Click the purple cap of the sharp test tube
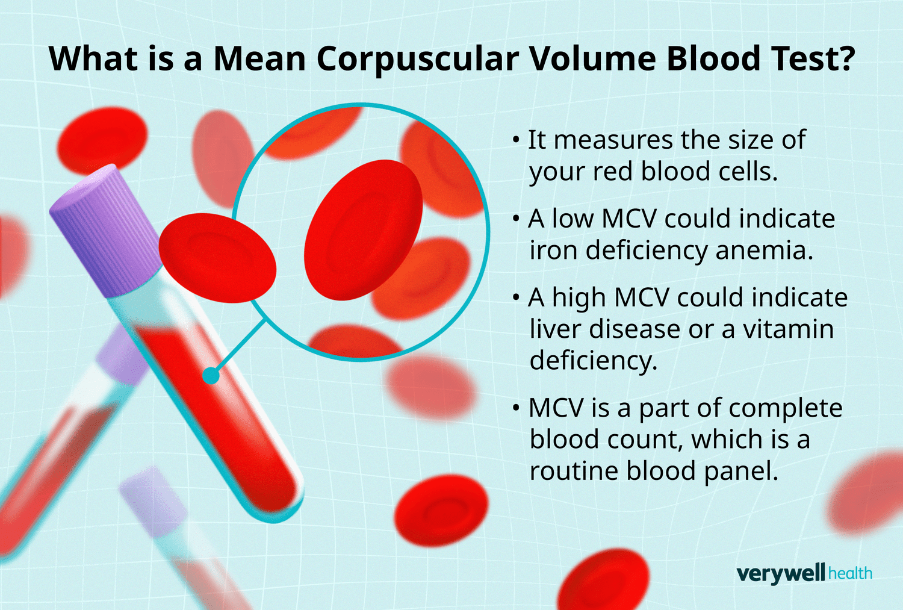coord(105,231)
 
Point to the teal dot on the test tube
coord(211,376)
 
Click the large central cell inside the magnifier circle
coord(363,230)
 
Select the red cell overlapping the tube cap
coord(217,258)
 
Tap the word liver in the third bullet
coord(554,329)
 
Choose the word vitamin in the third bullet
coord(789,329)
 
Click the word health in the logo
coord(850,573)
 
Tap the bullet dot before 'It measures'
coord(515,140)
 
